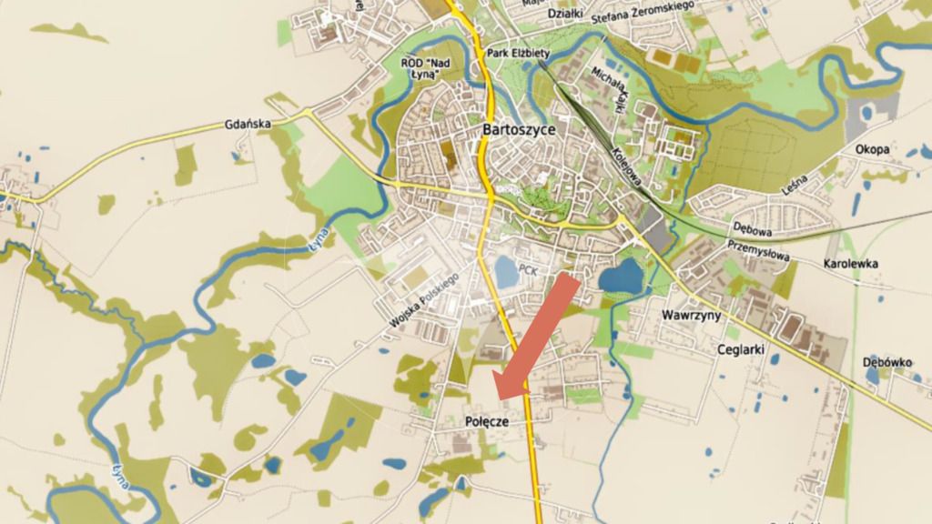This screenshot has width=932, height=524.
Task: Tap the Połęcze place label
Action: [485, 422]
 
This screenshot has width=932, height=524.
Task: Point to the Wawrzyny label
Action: [691, 316]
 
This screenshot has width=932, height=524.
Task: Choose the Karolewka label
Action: [851, 263]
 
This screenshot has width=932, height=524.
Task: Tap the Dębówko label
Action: [888, 362]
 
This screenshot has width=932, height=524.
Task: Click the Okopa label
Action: [873, 149]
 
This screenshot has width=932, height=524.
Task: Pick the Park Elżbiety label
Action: [518, 54]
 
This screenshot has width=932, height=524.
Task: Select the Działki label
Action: [565, 14]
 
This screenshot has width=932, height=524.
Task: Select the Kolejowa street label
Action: [629, 166]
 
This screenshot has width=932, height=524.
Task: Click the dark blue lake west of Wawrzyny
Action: [622, 277]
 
